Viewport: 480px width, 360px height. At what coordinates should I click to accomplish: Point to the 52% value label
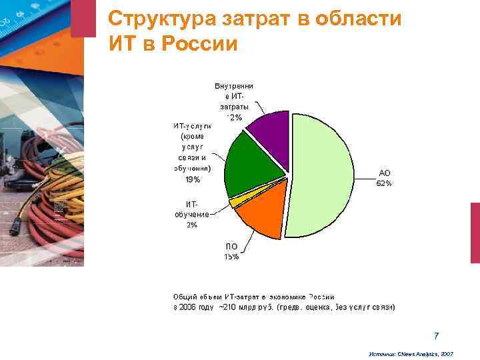click(x=384, y=183)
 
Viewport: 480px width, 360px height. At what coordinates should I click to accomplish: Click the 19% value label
click(x=192, y=179)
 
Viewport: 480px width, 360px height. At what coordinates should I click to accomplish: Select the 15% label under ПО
click(x=231, y=257)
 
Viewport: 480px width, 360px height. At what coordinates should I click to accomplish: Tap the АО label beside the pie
click(x=384, y=173)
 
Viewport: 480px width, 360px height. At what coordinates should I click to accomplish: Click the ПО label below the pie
click(x=231, y=247)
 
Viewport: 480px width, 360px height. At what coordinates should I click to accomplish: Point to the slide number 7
click(x=436, y=335)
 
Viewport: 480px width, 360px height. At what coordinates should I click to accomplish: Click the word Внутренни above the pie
click(x=233, y=86)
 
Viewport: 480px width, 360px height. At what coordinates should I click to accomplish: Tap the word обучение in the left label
click(x=192, y=214)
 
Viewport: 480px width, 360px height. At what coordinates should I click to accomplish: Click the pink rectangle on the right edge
click(x=475, y=233)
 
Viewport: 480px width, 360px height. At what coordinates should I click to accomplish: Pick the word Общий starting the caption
click(x=185, y=296)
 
